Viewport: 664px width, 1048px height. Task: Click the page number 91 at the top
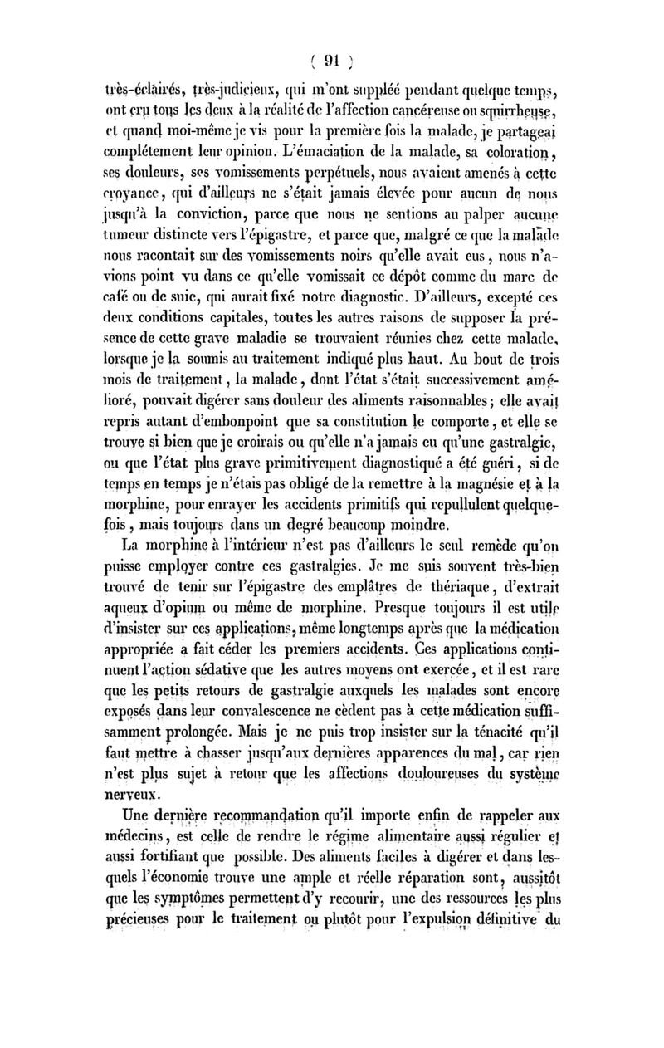[x=332, y=60]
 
